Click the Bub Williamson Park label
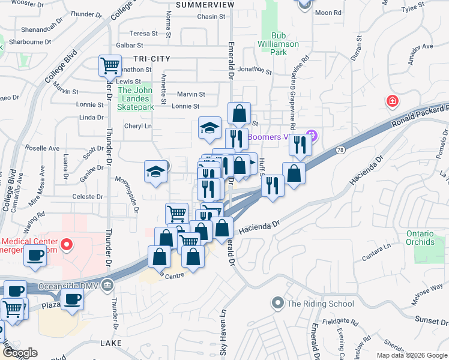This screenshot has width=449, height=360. point(278,44)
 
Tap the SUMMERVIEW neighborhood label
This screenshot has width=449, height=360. point(205,5)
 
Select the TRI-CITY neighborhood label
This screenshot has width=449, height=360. point(152,58)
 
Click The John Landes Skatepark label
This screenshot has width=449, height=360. point(136,99)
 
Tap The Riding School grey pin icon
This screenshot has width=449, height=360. point(277,303)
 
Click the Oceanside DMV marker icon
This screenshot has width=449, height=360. point(107,284)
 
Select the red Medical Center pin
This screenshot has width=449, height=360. point(67,245)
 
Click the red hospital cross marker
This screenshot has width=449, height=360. point(393,101)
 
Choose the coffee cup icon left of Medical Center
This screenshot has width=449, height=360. point(35,256)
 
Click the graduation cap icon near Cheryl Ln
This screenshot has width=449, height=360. point(209,127)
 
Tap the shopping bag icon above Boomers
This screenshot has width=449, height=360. point(239,112)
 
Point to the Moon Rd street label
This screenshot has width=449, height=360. point(328,13)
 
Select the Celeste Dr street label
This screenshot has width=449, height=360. point(83,197)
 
